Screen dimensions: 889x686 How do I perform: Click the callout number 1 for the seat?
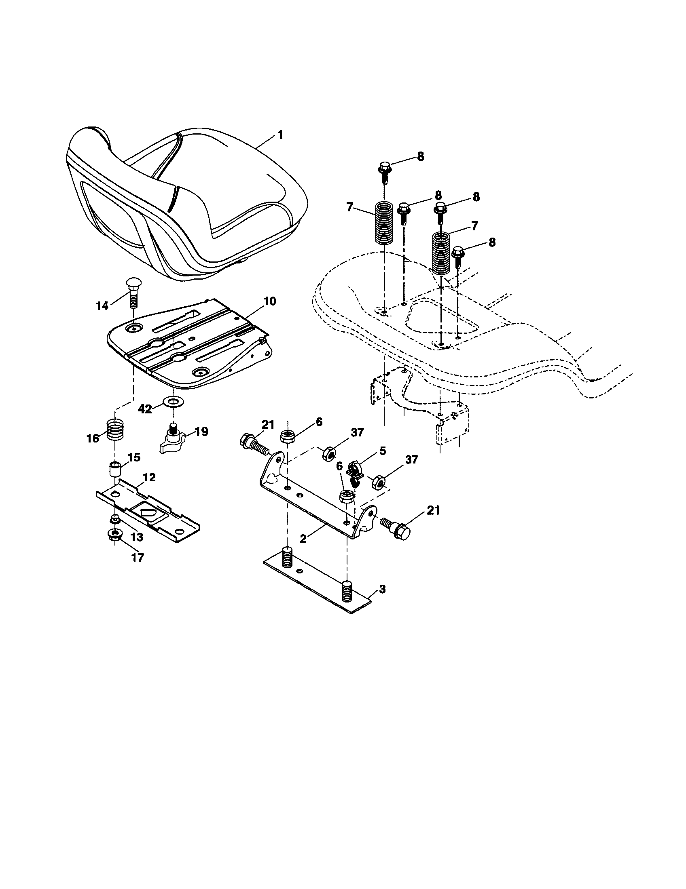tap(280, 135)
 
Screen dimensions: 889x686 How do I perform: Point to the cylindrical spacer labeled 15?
tap(115, 470)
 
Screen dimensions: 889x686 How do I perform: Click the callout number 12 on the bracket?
tap(149, 478)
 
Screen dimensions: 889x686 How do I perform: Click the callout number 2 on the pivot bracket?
tap(303, 538)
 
